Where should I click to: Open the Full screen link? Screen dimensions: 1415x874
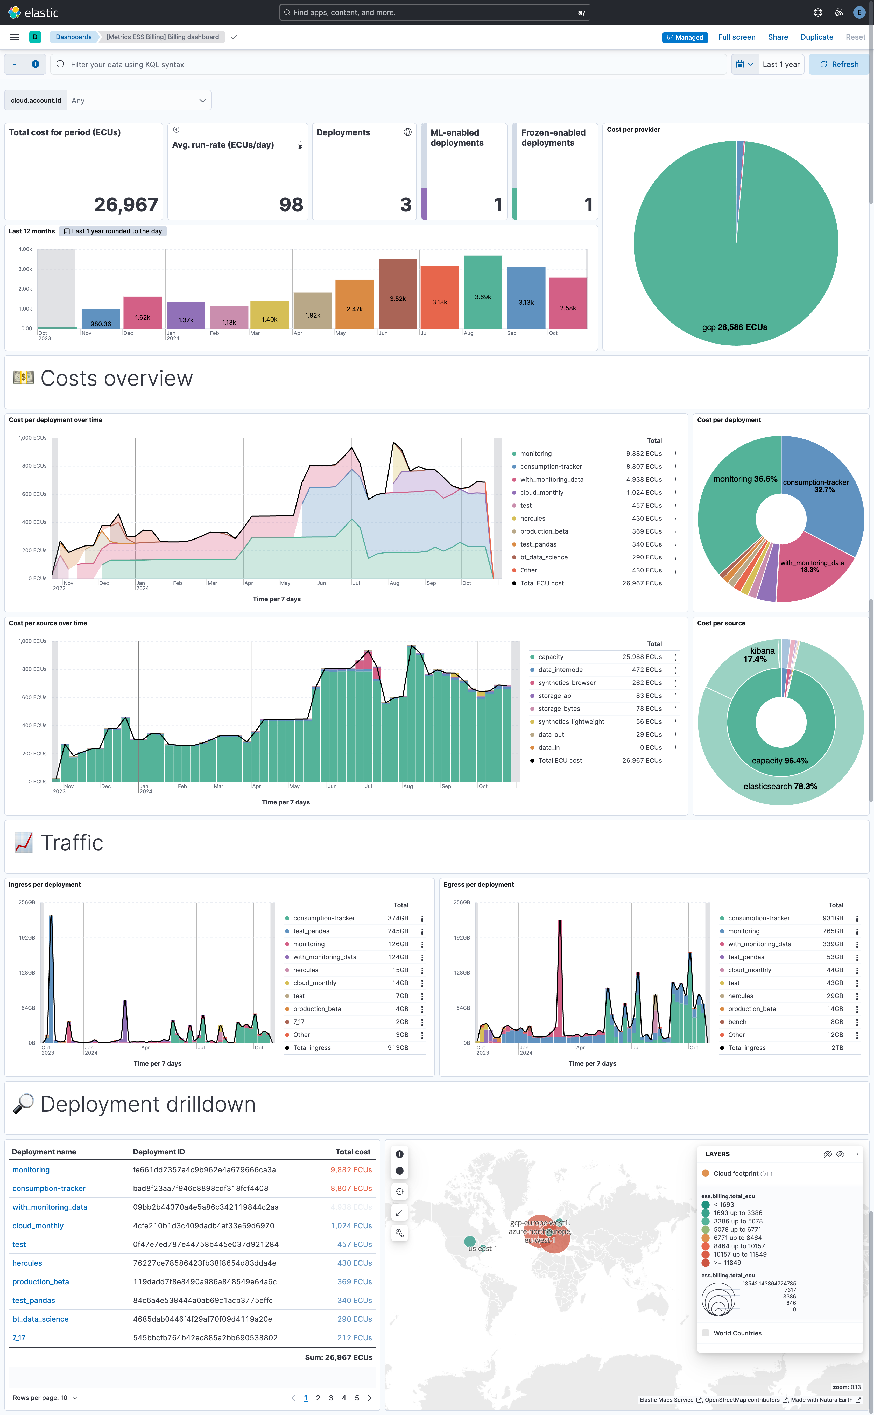(736, 37)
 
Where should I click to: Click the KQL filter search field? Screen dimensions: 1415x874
(387, 64)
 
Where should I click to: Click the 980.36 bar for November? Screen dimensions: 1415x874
(101, 319)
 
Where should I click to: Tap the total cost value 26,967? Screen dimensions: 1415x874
(126, 205)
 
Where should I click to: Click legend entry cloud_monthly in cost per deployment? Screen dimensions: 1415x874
(542, 493)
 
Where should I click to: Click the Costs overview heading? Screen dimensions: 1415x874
(116, 379)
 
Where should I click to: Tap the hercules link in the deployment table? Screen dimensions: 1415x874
(27, 1263)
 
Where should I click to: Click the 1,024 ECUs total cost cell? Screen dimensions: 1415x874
(351, 1225)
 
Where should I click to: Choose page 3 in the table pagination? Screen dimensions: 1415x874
(331, 1398)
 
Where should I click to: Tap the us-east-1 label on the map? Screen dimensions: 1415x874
(483, 1249)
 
